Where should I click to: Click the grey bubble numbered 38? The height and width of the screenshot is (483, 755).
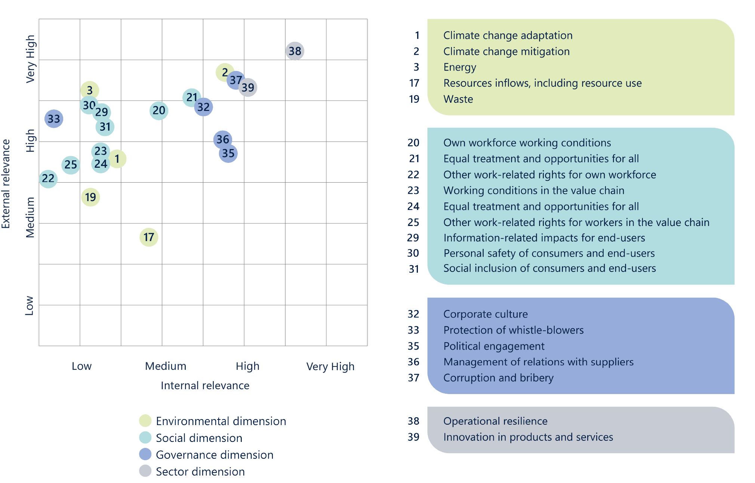click(295, 51)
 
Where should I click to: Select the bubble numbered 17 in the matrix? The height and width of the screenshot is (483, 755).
click(149, 237)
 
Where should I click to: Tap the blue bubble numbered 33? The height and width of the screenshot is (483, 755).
click(54, 119)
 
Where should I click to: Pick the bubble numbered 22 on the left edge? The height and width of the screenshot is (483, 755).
click(48, 179)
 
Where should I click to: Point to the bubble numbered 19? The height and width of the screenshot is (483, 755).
click(90, 197)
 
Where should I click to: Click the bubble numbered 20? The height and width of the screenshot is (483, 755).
click(159, 111)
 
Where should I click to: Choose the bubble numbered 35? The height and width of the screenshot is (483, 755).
click(228, 154)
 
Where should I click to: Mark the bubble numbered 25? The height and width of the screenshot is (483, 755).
click(71, 165)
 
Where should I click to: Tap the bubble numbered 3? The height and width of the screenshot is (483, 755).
click(90, 90)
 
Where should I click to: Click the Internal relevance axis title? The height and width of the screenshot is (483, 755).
click(205, 386)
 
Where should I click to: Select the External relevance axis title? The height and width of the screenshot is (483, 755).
click(6, 184)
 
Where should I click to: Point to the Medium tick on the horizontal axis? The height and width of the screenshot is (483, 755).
click(166, 366)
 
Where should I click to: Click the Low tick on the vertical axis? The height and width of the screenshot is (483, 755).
click(30, 306)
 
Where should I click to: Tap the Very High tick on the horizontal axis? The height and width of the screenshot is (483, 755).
click(330, 366)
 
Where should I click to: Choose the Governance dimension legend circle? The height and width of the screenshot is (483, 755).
click(145, 454)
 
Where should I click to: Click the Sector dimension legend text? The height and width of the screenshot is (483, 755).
click(200, 471)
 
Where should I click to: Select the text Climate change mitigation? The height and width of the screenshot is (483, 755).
click(506, 52)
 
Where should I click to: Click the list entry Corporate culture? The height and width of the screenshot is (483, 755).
click(486, 314)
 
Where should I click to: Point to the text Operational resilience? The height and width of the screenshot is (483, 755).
click(495, 421)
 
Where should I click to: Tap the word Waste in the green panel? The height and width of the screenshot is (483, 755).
click(458, 99)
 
